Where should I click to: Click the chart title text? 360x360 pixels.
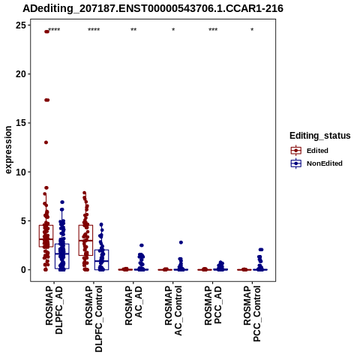click(153, 8)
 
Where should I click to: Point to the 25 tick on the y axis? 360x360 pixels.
click(29, 25)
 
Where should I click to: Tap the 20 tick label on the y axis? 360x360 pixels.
click(20, 74)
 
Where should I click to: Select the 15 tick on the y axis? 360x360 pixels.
click(29, 123)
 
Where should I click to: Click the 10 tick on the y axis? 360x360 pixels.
click(29, 172)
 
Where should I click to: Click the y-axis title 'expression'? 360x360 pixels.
click(8, 150)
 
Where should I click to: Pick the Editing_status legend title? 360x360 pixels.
click(320, 136)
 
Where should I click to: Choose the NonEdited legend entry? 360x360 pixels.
click(316, 163)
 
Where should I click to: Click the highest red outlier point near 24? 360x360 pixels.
click(46, 31)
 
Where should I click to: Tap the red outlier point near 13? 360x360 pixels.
click(46, 142)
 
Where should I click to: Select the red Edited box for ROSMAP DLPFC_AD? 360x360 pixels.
click(46, 236)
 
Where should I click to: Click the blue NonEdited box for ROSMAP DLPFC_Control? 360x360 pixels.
click(101, 259)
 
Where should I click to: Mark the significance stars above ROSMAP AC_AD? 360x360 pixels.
click(133, 30)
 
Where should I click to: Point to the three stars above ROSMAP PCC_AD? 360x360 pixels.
click(213, 30)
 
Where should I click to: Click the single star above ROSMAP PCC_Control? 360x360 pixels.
click(252, 30)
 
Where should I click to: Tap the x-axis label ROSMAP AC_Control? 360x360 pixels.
click(173, 310)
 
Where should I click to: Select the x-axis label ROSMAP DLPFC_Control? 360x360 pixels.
click(94, 319)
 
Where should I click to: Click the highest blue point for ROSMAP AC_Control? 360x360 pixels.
click(181, 242)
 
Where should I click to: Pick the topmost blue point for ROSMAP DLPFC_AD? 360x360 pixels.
click(62, 202)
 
